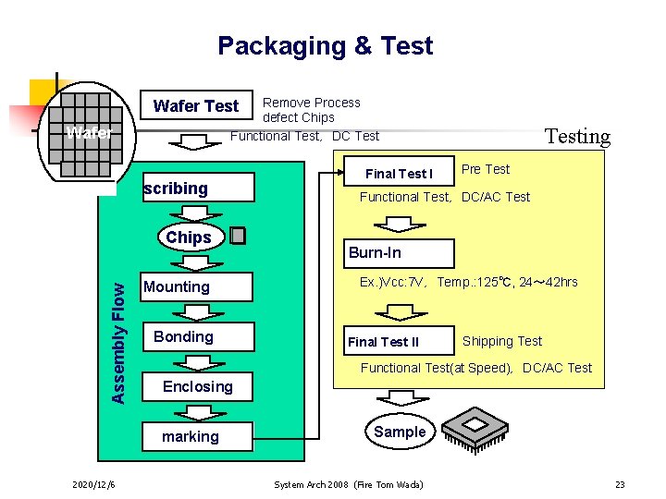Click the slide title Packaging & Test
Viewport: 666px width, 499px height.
click(x=325, y=46)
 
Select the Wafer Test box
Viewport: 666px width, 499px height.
click(x=196, y=106)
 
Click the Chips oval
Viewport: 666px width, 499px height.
click(x=189, y=237)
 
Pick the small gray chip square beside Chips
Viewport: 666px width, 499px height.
click(x=238, y=236)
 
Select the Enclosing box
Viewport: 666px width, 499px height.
click(x=197, y=386)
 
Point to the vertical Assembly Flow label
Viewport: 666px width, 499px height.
click(x=118, y=329)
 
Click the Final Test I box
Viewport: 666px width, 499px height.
click(x=399, y=174)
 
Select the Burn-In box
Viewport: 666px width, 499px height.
click(x=399, y=253)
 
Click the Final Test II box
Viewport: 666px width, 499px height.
click(x=399, y=342)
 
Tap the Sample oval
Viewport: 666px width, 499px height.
click(x=400, y=432)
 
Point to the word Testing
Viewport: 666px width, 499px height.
click(x=577, y=137)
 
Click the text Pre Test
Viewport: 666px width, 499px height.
click(x=486, y=169)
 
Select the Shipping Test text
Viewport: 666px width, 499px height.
click(x=502, y=341)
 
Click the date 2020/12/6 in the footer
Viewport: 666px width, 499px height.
click(x=93, y=485)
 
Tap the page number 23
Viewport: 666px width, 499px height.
click(x=620, y=485)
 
